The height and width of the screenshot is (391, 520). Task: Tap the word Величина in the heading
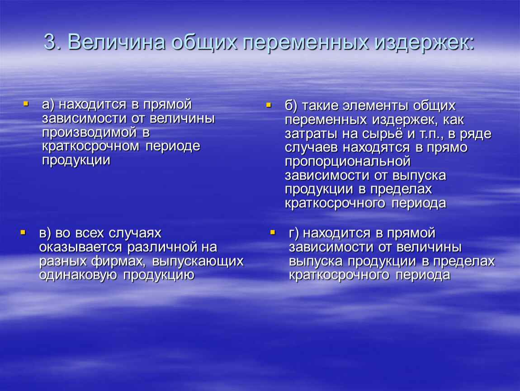[116, 43]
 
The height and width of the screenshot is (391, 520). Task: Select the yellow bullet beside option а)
[26, 104]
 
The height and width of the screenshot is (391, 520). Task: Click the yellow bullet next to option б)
[269, 105]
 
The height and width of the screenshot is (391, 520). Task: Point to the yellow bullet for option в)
[23, 232]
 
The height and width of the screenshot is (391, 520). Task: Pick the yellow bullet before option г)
[273, 232]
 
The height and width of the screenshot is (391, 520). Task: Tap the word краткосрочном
[90, 146]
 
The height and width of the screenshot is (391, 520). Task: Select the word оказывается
[80, 248]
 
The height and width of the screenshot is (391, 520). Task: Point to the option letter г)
[294, 234]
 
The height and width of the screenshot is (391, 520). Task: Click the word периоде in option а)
[173, 146]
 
